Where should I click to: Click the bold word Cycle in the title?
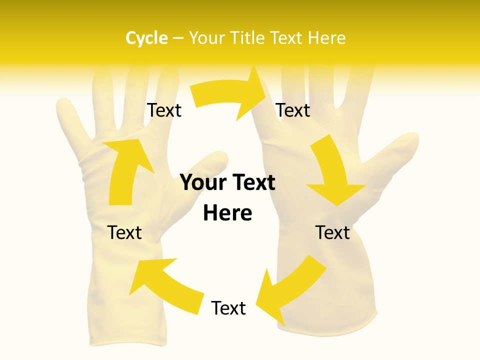coord(146,38)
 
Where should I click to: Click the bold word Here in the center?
coord(227,213)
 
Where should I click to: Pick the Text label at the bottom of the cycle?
coord(228,308)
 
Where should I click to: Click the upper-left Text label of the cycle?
coord(164,110)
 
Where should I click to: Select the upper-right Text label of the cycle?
coord(293,110)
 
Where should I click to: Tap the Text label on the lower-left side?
coord(124,232)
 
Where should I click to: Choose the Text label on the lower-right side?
coord(332,232)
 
